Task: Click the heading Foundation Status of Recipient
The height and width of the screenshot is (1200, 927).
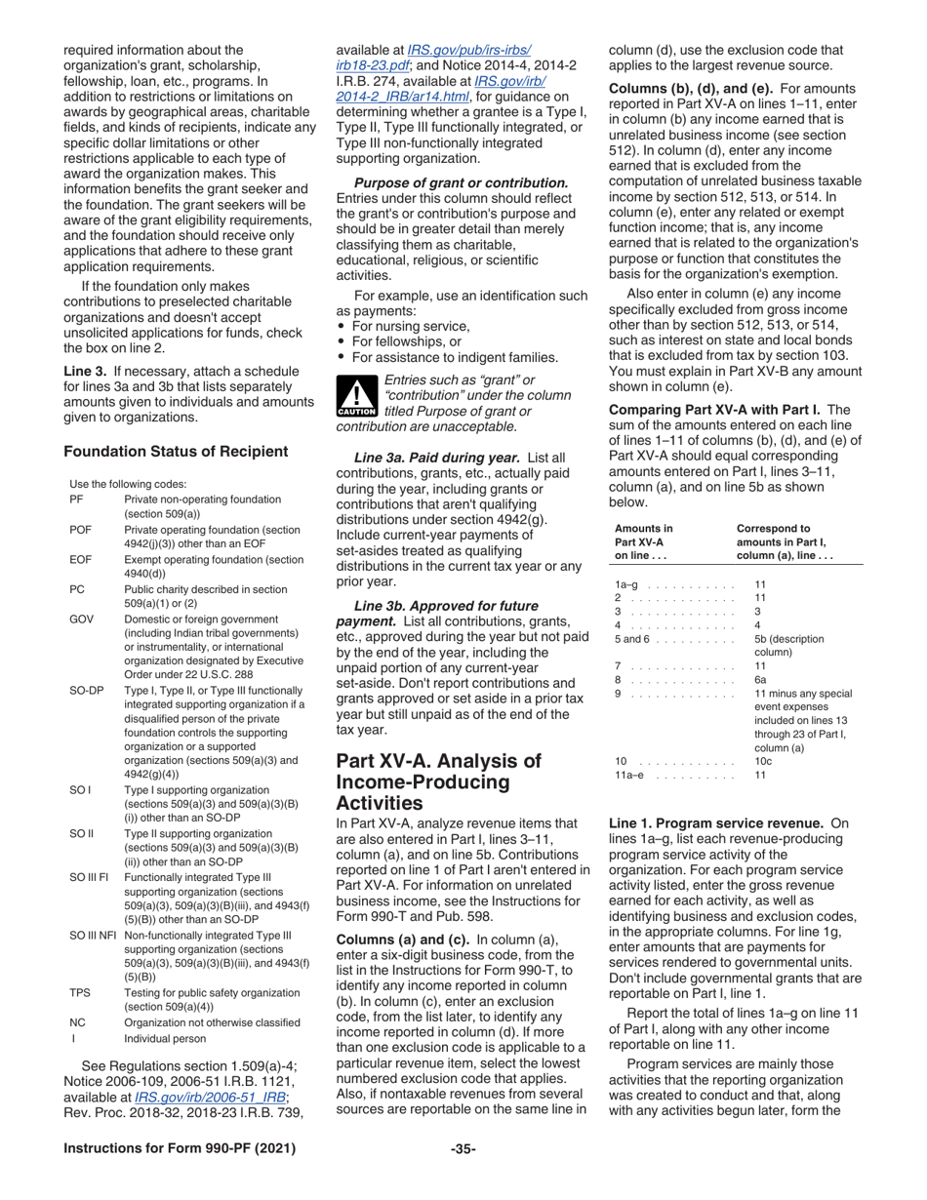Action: [176, 451]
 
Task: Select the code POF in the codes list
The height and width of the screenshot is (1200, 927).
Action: [82, 530]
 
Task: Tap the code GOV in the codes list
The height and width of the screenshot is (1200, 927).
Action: [83, 620]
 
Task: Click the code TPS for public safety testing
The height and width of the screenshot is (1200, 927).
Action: [81, 992]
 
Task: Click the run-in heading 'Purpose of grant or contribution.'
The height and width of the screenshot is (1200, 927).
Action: [461, 182]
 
